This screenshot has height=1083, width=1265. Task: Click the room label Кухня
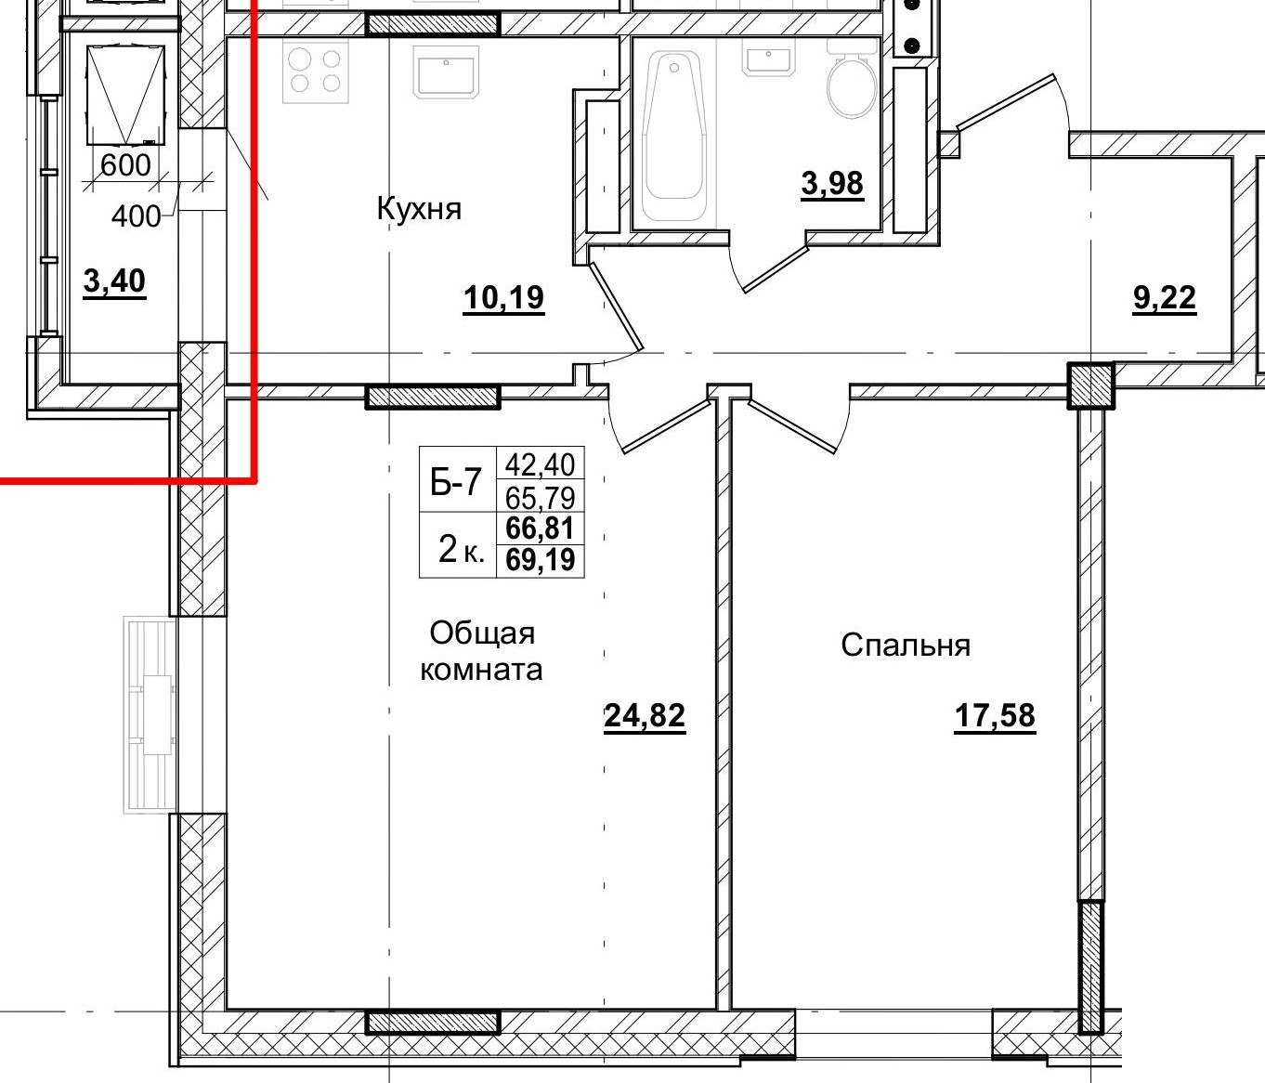(419, 208)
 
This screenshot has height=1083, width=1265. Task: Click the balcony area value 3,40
(114, 280)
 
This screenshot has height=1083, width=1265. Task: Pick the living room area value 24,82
(645, 715)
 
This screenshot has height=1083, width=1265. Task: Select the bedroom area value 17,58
(995, 716)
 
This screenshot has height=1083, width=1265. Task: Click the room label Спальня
(906, 645)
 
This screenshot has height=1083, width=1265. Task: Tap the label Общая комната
(482, 651)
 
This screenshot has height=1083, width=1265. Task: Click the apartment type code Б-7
(456, 481)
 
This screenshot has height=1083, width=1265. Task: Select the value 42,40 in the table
(540, 463)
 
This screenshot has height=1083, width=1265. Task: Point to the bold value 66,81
(540, 528)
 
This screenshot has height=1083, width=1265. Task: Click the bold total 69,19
(540, 560)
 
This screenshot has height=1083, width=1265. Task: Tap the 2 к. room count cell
(459, 550)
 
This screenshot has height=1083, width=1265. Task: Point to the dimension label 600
(124, 165)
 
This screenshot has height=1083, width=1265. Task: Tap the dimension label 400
(136, 216)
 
